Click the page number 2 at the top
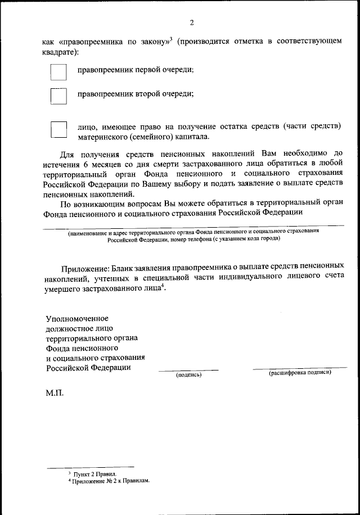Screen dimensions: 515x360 pos(191,23)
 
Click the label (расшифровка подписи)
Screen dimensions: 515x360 pos(300,373)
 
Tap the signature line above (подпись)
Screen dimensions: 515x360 pos(188,370)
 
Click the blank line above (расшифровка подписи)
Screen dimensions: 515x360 pos(300,368)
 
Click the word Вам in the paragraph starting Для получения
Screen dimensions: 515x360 pos(264,153)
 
